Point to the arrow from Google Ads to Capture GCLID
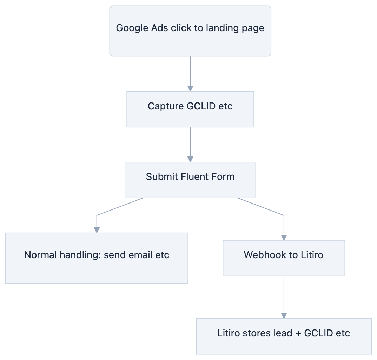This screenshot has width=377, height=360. [x=190, y=74]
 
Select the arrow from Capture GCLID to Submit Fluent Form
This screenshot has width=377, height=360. [x=190, y=145]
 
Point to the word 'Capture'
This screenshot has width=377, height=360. [x=162, y=106]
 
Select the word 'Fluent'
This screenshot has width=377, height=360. [x=194, y=176]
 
